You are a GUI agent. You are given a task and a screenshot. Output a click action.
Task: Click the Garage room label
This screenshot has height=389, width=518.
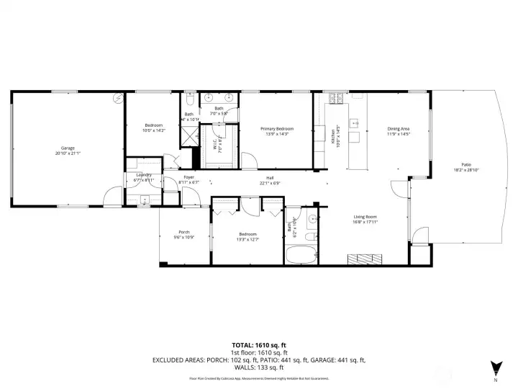pos(68,148)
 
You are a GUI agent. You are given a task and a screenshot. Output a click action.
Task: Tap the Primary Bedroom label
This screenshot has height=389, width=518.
pos(277,128)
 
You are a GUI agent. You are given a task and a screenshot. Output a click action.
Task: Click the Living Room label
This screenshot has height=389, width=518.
pos(365,217)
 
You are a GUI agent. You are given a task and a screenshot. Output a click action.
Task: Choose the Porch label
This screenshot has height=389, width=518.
pos(184,232)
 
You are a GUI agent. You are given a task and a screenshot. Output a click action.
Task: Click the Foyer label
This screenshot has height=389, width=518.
pos(188,177)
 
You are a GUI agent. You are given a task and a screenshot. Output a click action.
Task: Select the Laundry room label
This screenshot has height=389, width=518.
pos(142,175)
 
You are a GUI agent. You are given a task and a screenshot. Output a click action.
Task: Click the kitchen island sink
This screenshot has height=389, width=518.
pos(355,123)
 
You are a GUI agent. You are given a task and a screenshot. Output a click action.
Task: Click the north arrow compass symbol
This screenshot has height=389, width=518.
pos(494,367)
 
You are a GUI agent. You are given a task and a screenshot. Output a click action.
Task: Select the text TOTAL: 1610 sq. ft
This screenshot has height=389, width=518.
pos(258,344)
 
